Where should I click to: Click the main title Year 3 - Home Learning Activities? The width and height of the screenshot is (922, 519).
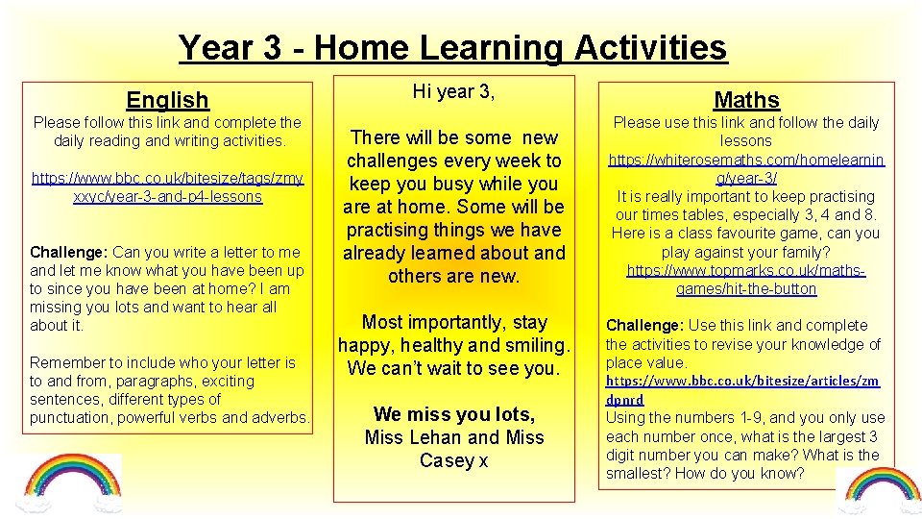pyautogui.click(x=452, y=47)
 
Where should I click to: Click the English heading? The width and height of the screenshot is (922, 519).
pyautogui.click(x=167, y=99)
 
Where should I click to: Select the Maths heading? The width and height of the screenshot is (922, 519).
pyautogui.click(x=746, y=99)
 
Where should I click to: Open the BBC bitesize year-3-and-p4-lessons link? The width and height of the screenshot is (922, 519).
pyautogui.click(x=167, y=187)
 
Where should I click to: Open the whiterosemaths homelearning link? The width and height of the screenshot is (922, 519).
pyautogui.click(x=746, y=168)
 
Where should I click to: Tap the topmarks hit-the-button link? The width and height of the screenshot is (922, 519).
pyautogui.click(x=746, y=280)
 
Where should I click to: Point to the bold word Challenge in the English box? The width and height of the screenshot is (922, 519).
pyautogui.click(x=69, y=252)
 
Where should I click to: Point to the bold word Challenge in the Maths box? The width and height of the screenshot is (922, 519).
pyautogui.click(x=644, y=326)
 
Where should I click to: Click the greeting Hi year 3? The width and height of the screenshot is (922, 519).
pyautogui.click(x=453, y=92)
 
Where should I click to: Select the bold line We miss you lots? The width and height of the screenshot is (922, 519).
pyautogui.click(x=453, y=414)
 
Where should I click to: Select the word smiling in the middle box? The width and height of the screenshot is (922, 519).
pyautogui.click(x=536, y=345)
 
